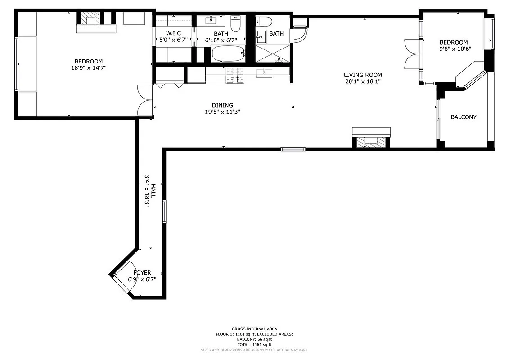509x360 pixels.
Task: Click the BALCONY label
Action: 463,117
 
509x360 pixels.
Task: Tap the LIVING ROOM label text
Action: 363,75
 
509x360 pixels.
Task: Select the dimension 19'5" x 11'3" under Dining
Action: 222,112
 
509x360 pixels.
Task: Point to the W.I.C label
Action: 173,33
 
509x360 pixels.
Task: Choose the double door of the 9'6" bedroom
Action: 412,54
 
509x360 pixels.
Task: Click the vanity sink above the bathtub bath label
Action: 212,21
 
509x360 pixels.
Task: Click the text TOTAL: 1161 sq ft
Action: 254,344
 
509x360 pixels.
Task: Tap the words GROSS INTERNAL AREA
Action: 254,329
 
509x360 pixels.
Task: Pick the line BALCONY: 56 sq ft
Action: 254,339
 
